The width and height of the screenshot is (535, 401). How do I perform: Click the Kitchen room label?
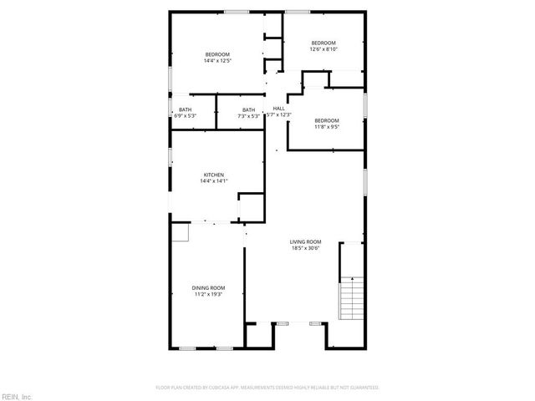[x=212, y=175]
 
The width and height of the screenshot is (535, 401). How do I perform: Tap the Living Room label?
[x=307, y=241]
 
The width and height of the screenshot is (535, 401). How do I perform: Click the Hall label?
[x=279, y=109]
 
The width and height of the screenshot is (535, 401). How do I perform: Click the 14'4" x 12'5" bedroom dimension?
[x=217, y=61]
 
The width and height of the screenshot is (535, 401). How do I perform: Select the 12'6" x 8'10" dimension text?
[x=324, y=49]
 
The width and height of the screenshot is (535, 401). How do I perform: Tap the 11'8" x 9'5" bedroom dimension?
[x=327, y=128]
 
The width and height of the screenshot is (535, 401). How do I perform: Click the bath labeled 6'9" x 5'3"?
[x=185, y=115]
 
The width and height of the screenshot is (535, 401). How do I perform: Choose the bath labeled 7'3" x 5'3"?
[x=248, y=115]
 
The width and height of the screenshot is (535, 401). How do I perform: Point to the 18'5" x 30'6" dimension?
[x=307, y=248]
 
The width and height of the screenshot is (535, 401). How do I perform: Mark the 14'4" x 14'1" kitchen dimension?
[x=213, y=181]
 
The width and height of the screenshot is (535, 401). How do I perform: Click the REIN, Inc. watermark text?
[x=17, y=396]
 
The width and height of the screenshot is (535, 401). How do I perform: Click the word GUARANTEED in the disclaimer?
[x=364, y=388]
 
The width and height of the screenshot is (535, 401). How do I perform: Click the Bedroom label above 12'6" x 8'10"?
[x=324, y=43]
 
